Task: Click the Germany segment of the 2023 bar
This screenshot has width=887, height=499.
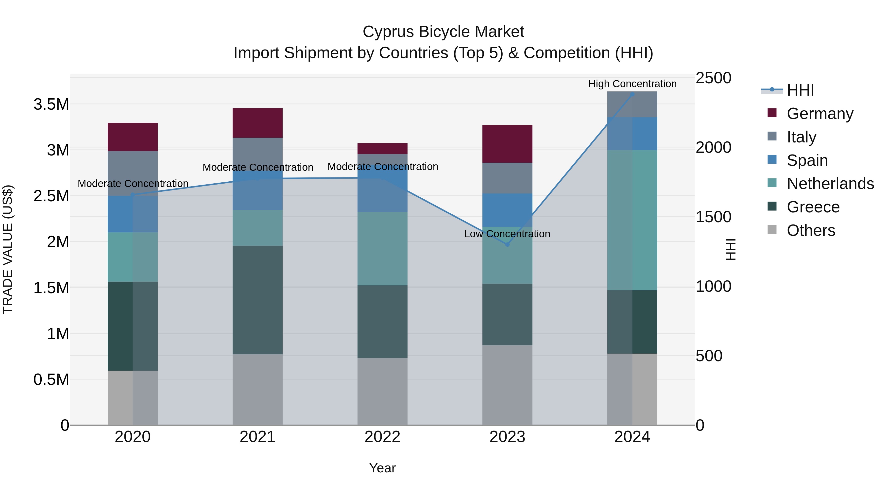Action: pyautogui.click(x=507, y=144)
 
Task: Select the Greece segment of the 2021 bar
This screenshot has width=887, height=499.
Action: pyautogui.click(x=257, y=300)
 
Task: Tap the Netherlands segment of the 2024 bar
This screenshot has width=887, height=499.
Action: pyautogui.click(x=632, y=220)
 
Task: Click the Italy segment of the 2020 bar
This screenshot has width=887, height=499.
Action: pyautogui.click(x=133, y=173)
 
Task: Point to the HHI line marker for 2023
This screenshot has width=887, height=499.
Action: pyautogui.click(x=507, y=244)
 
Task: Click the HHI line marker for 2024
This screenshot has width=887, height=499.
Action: pyautogui.click(x=632, y=94)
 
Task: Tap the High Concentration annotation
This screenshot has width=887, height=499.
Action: pyautogui.click(x=632, y=84)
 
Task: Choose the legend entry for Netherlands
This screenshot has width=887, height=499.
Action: pyautogui.click(x=830, y=184)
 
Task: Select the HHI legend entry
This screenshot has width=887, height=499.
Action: pyautogui.click(x=800, y=90)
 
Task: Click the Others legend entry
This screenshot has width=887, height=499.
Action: pyautogui.click(x=811, y=230)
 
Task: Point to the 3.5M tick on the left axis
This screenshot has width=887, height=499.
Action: pyautogui.click(x=51, y=104)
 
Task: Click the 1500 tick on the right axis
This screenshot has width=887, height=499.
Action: pyautogui.click(x=713, y=217)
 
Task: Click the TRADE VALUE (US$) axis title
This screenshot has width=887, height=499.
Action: pyautogui.click(x=8, y=249)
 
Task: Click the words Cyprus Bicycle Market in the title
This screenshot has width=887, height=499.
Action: pyautogui.click(x=443, y=32)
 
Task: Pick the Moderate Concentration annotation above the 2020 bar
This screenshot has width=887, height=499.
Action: pyautogui.click(x=133, y=184)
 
